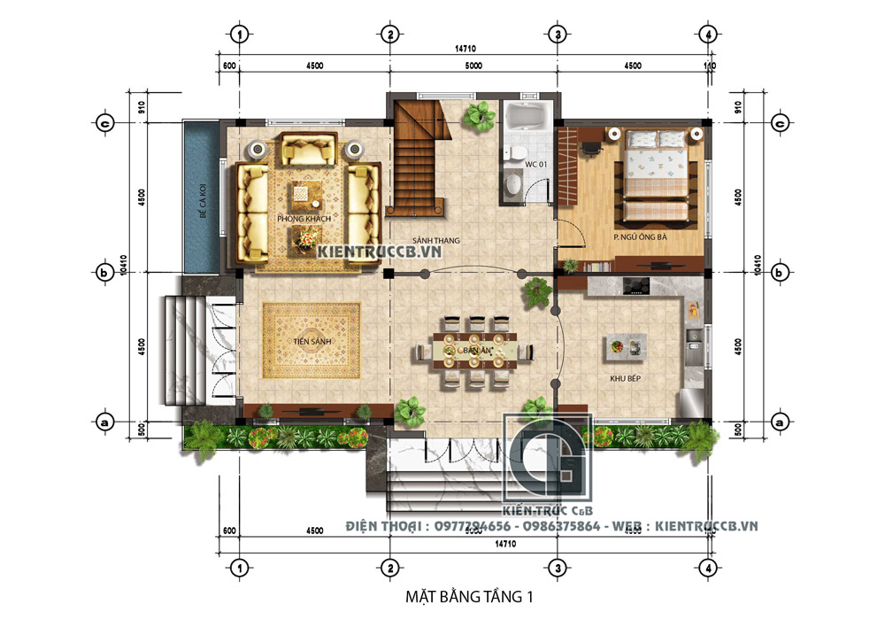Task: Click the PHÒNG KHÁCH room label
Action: coord(304,218)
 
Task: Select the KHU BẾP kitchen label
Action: coord(625,378)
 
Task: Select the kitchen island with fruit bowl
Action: coord(624,348)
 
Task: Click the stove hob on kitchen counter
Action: coord(636,285)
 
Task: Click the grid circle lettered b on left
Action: coord(104,272)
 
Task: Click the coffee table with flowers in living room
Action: coord(304,236)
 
